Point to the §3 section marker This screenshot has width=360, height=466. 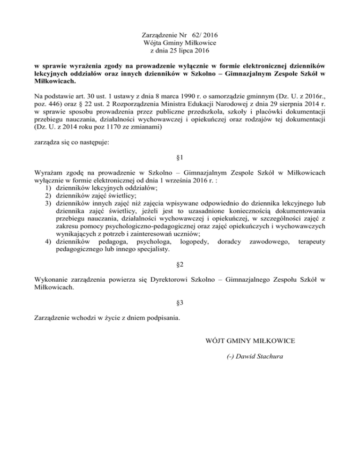pos(180,303)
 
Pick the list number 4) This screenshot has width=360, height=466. pos(49,241)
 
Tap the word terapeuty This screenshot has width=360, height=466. pos(310,241)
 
